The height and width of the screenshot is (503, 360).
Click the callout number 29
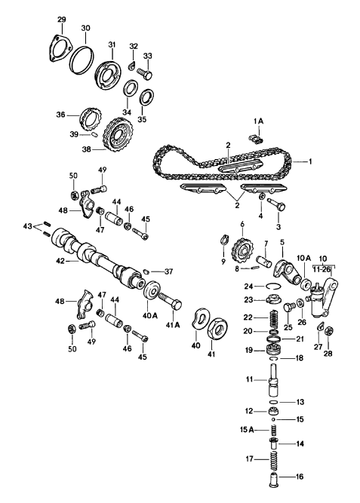coord(61,18)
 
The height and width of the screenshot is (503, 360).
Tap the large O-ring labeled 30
coord(82,58)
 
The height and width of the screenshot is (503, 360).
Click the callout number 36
coord(60,115)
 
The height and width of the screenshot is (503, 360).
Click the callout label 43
coord(28,226)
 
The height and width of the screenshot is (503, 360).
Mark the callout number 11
coord(250,379)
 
